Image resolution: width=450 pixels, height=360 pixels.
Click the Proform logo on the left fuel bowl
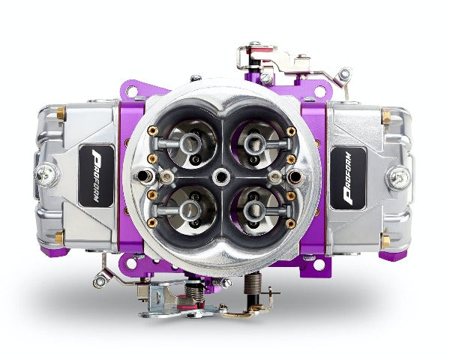[96, 175]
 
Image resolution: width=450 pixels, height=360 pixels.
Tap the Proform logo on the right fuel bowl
[348, 178]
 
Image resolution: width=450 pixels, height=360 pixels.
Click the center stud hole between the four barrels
[220, 176]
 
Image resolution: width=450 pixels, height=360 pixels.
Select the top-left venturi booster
[190, 142]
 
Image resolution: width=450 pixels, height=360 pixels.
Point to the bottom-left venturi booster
[190, 209]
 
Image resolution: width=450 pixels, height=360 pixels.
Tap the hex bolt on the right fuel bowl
[400, 178]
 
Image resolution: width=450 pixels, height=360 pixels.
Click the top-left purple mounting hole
[132, 91]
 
